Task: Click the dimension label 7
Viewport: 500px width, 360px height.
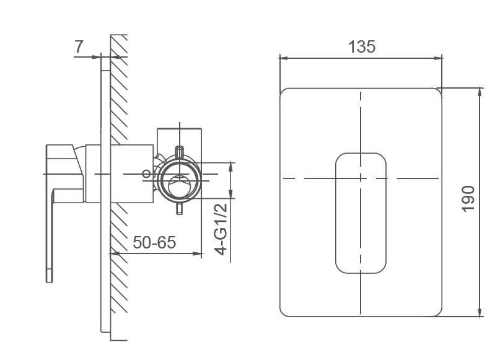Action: [x=79, y=46]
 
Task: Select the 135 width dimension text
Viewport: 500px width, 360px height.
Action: [x=362, y=47]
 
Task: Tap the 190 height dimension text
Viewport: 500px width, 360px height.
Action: [x=468, y=198]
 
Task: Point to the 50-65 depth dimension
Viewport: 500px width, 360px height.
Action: [x=154, y=242]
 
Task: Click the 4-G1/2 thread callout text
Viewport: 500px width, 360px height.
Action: [x=221, y=229]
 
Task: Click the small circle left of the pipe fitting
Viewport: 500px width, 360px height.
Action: [x=146, y=173]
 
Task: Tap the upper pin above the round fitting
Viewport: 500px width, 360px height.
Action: [x=180, y=152]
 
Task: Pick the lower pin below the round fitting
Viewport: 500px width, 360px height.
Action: [x=180, y=208]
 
